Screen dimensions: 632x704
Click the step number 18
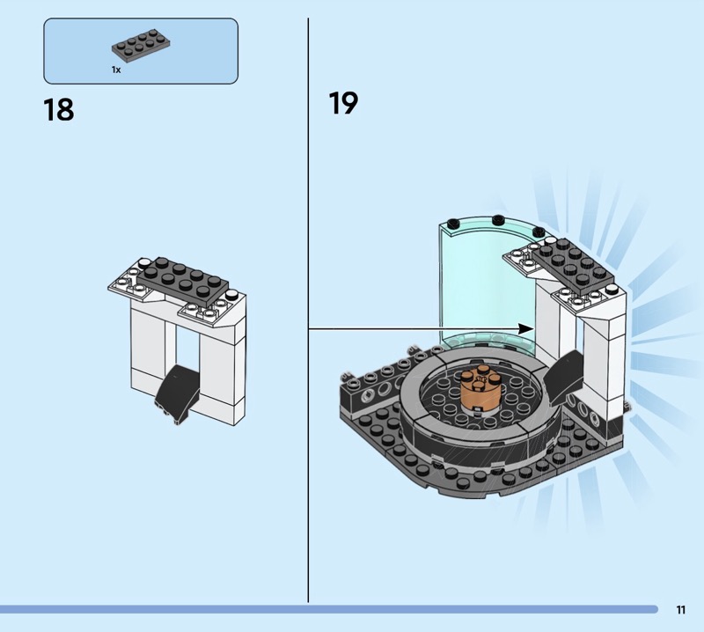click(58, 110)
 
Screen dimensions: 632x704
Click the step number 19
click(343, 104)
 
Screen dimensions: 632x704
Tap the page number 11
click(680, 609)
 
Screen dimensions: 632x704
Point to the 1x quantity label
click(115, 69)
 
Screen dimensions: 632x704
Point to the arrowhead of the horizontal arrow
click(527, 328)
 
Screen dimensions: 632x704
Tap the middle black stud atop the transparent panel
click(496, 220)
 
